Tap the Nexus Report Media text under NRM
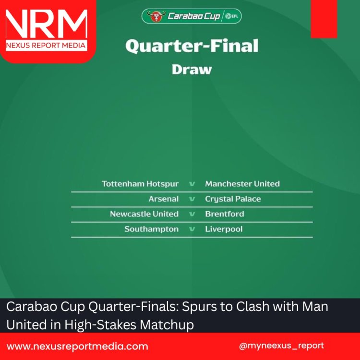point(46,46)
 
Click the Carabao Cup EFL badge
point(192,16)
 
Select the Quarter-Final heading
point(192,46)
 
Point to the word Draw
point(192,69)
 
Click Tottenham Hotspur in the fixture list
point(140,184)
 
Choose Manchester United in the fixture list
point(242,184)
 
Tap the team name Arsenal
point(164,199)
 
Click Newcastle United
point(144,214)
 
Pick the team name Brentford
point(225,214)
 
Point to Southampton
point(151,229)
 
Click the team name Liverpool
point(224,229)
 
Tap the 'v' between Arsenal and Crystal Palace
point(192,199)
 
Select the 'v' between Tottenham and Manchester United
point(192,184)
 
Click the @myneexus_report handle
point(281,346)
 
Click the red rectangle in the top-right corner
point(324,19)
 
